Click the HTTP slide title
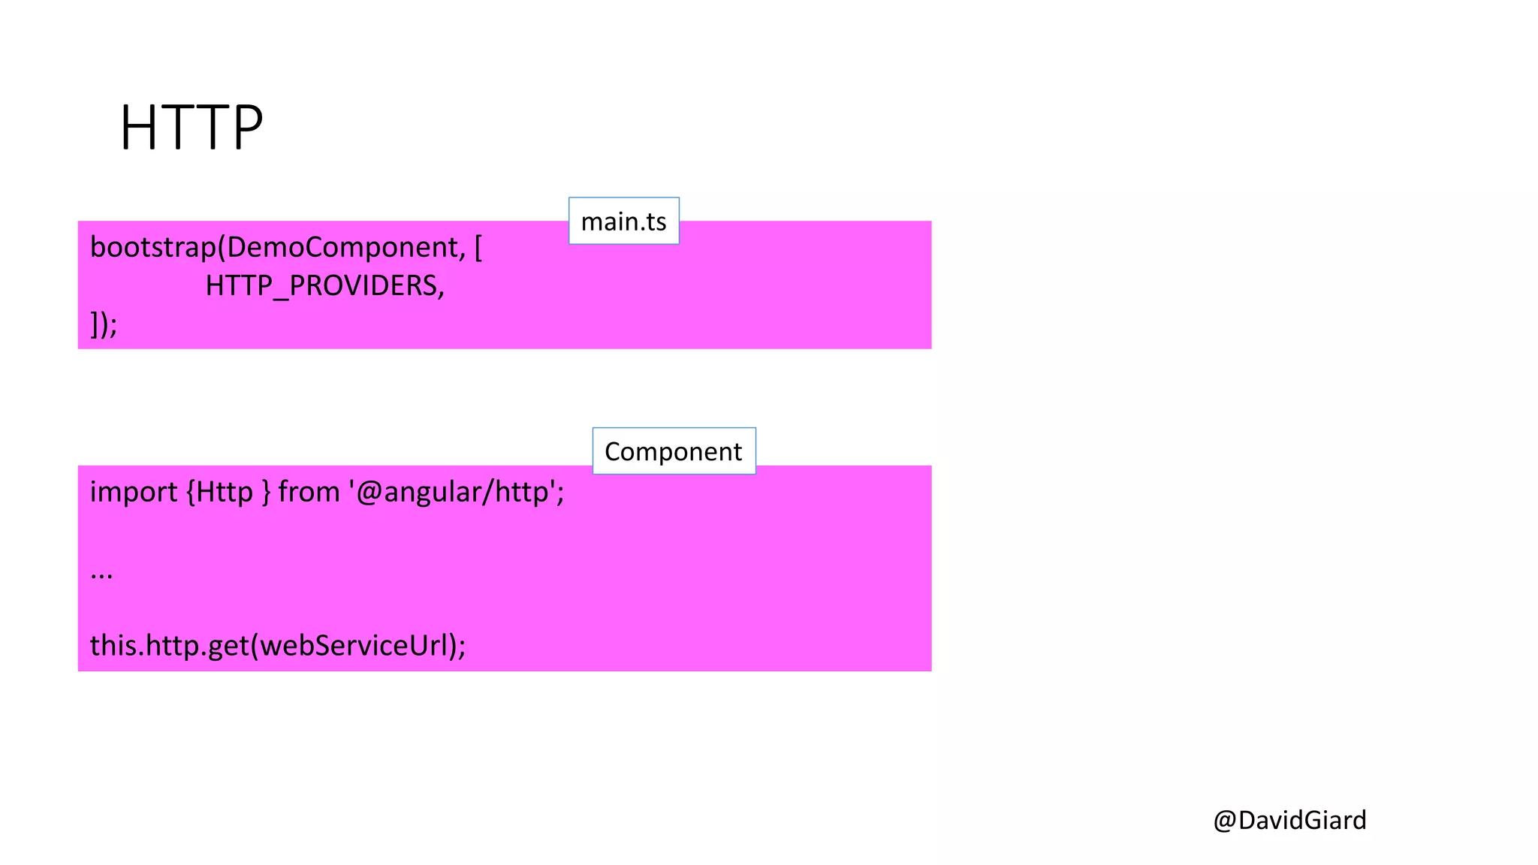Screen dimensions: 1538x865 tap(191, 128)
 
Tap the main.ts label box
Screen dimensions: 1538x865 tap(623, 222)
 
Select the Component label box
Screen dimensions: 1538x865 tap(674, 451)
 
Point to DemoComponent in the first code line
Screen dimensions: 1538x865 tap(342, 248)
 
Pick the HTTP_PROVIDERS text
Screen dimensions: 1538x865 tap(321, 286)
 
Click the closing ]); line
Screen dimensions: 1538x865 tap(104, 324)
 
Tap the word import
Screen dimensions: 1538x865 tap(134, 493)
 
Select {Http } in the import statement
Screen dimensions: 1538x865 tap(228, 493)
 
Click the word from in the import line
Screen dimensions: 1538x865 tap(309, 493)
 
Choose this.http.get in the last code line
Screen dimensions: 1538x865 tap(169, 646)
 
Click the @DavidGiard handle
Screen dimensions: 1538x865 tap(1289, 820)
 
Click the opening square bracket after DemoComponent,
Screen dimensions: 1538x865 tap(478, 248)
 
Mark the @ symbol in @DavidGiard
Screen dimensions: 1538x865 tap(1225, 820)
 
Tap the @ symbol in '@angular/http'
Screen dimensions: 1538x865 tap(369, 493)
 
